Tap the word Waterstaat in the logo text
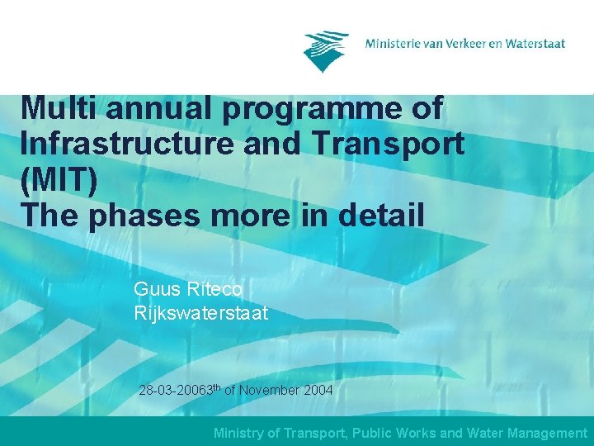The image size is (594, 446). coord(535,43)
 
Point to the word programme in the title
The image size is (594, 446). coord(343,108)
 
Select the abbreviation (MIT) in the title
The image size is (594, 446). coord(59,180)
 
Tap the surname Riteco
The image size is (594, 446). coord(214,290)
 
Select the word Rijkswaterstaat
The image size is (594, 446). coord(200,314)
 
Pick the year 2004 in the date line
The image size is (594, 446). coord(318,390)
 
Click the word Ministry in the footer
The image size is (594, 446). coord(238,433)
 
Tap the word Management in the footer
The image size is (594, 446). coord(546,433)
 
